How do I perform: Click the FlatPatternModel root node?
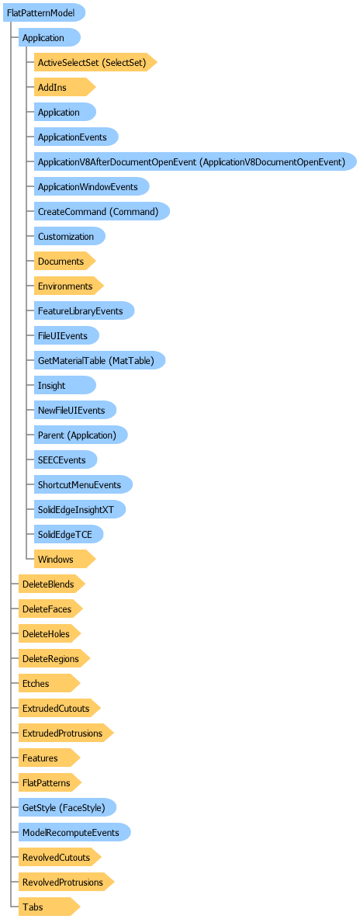(44, 12)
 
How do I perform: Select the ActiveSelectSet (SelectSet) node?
(95, 61)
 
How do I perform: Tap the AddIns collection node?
(64, 87)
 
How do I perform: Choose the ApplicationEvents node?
(76, 137)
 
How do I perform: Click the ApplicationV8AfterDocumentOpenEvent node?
(196, 161)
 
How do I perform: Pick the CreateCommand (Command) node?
(102, 211)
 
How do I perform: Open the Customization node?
(70, 236)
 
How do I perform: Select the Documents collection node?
(64, 261)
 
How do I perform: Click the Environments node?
(68, 286)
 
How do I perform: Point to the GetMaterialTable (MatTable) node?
(99, 360)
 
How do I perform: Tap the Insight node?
(65, 386)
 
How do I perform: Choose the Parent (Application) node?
(81, 435)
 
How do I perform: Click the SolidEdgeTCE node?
(69, 535)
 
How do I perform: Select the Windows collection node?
(64, 559)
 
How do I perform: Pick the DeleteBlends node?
(52, 584)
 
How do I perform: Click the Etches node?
(49, 683)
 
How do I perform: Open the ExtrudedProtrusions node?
(66, 733)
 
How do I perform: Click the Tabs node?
(49, 907)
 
